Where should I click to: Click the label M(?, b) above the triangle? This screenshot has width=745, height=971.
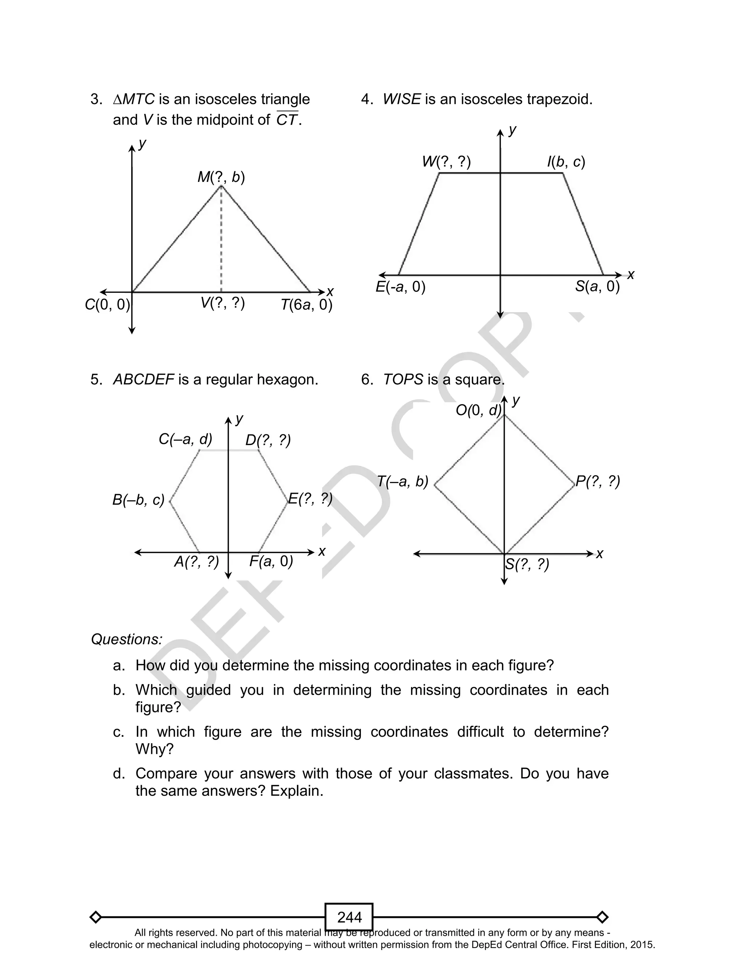click(221, 177)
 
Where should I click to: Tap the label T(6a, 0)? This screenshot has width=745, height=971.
click(306, 305)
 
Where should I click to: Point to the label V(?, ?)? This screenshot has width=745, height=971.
click(223, 303)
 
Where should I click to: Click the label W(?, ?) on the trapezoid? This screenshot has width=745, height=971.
click(446, 162)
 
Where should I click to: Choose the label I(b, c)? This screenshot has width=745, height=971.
click(566, 162)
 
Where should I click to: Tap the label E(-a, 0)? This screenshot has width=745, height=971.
click(401, 287)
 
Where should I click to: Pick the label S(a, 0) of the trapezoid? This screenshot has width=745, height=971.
click(597, 287)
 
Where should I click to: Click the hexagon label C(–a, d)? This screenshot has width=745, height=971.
click(186, 439)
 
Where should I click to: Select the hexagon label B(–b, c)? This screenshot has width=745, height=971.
click(138, 500)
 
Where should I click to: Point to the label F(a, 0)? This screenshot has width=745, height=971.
click(271, 562)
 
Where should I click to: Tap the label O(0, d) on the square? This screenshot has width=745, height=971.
click(478, 411)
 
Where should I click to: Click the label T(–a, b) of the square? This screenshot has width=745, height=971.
click(403, 482)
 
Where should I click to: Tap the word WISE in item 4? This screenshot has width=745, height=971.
click(401, 99)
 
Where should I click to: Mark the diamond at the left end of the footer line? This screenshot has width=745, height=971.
click(95, 917)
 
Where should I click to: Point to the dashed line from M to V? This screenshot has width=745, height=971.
click(221, 239)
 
